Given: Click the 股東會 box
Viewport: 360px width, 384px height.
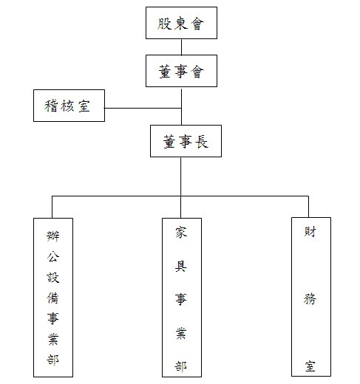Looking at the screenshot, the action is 181,23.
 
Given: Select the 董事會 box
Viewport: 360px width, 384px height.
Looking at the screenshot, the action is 181,71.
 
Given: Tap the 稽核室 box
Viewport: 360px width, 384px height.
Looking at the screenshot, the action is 69,106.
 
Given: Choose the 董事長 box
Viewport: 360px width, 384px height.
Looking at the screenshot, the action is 186,141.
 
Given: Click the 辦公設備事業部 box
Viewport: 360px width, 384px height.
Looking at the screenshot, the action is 53,298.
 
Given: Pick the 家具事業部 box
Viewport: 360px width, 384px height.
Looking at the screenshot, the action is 182,298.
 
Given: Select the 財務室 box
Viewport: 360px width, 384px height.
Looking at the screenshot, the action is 311,297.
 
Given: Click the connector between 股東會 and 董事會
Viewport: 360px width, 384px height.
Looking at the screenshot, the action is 182,47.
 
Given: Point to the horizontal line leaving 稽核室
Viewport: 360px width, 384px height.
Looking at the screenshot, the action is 143,108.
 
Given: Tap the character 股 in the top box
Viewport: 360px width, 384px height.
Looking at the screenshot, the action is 164,24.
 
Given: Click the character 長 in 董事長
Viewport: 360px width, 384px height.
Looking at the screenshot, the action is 202,142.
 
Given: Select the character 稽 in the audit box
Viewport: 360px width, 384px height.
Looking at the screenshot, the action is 51,106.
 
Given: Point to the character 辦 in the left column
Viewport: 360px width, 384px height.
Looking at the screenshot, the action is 53,236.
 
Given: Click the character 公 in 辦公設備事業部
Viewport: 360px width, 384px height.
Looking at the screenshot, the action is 53,257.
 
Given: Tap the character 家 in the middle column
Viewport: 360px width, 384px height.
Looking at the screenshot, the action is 181,233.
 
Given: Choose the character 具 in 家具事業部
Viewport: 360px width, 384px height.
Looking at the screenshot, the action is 181,266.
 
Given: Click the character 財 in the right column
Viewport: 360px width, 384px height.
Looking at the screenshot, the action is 310,231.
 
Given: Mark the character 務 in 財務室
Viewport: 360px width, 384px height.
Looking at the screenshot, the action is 310,299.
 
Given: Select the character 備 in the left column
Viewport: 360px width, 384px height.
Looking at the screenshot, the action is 52,298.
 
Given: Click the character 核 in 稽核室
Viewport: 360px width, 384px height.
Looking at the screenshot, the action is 67,106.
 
